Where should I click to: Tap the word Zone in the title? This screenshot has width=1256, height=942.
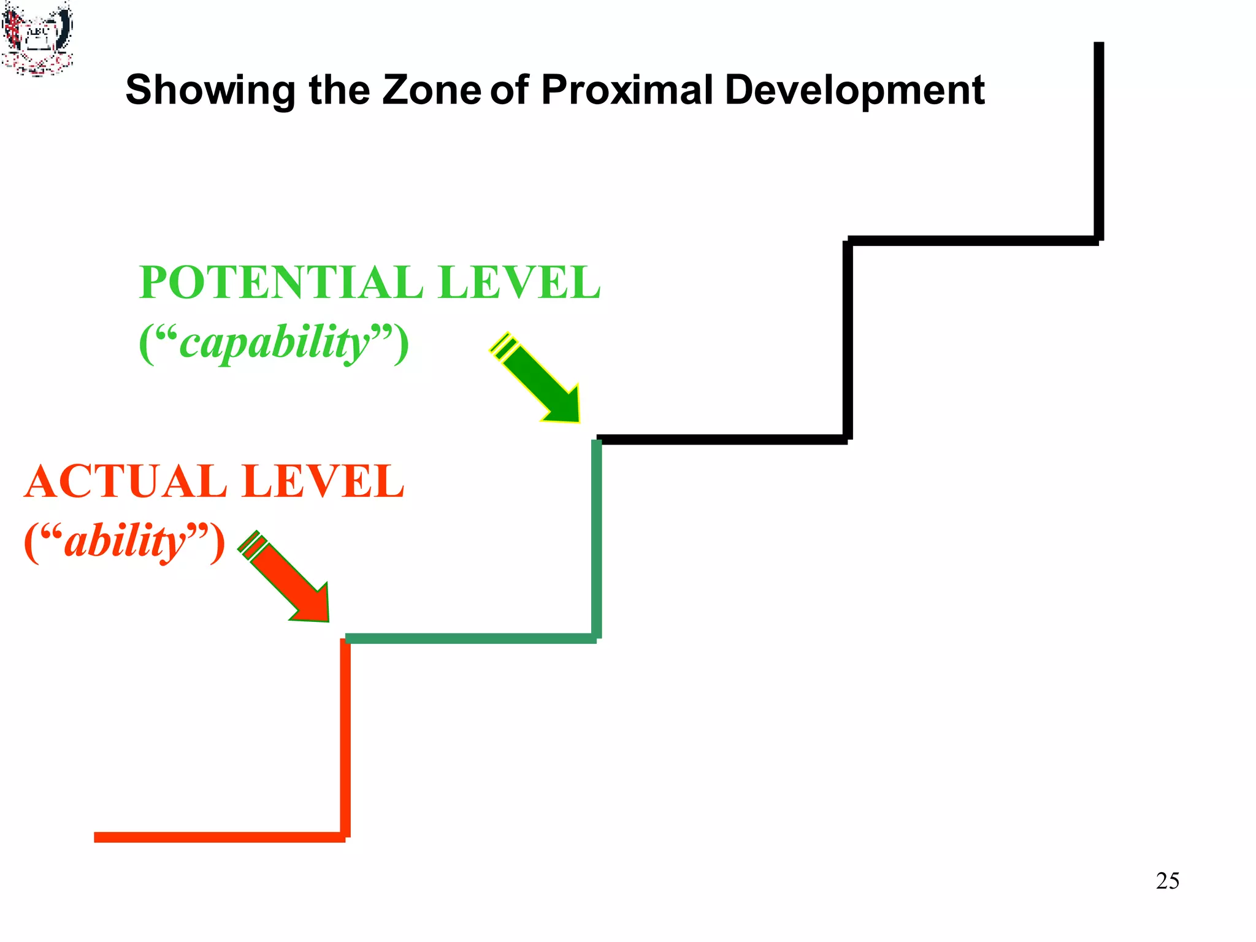point(431,90)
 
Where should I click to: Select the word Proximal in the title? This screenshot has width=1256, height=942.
point(627,90)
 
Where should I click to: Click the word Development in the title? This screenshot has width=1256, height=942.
point(854,90)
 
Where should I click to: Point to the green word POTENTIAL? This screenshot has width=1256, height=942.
point(281,283)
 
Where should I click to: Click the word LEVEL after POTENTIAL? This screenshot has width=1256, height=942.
point(519,283)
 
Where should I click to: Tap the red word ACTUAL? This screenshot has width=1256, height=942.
point(126,481)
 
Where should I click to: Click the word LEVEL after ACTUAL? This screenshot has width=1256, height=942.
point(323,481)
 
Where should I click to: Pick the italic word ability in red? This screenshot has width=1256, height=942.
point(125,542)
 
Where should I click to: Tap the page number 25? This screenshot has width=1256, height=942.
point(1167,881)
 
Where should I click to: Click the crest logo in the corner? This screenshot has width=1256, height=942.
point(37,38)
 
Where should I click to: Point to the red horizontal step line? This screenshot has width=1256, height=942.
point(219,837)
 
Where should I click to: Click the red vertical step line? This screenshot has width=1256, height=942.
point(345,736)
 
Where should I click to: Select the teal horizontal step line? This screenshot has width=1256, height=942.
point(470,638)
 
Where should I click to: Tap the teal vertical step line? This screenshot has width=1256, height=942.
point(597,538)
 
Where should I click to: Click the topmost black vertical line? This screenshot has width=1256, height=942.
point(1098,141)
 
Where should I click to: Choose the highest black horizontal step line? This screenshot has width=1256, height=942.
point(973,240)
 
